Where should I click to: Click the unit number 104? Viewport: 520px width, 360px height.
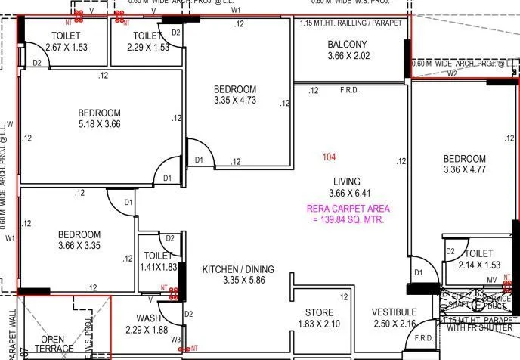(329, 157)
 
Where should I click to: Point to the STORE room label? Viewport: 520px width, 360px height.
(318, 312)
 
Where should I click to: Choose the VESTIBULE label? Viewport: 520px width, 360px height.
(394, 312)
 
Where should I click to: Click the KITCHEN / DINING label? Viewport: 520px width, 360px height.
(238, 269)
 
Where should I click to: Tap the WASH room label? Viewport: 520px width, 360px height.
(148, 318)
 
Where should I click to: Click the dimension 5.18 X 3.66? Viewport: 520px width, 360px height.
(99, 124)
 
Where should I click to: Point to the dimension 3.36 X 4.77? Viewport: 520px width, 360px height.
(464, 169)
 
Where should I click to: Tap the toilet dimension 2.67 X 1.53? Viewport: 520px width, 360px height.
(67, 47)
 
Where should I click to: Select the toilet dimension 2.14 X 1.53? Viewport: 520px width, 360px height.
(479, 265)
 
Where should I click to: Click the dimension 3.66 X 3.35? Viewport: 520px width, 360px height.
(79, 245)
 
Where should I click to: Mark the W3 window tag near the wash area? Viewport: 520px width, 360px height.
(176, 340)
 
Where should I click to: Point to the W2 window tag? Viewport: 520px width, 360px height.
(452, 74)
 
